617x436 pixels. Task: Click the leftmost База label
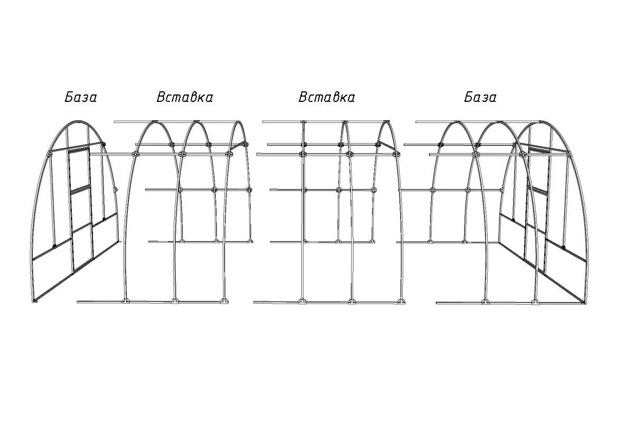[x=81, y=98]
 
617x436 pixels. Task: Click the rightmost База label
[x=480, y=98]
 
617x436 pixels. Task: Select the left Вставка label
[x=185, y=98]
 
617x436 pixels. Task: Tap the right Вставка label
[x=327, y=98]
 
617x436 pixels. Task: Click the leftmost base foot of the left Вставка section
[x=125, y=301]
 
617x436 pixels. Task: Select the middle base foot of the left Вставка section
[x=175, y=301]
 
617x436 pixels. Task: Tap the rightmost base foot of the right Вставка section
[x=402, y=301]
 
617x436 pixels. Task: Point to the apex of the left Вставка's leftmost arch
[x=155, y=122]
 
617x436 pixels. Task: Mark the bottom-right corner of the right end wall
[x=584, y=304]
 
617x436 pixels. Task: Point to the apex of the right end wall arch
[x=543, y=123]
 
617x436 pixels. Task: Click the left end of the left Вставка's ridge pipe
[x=116, y=122]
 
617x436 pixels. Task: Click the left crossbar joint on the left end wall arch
[x=49, y=154]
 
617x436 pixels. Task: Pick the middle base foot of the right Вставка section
[x=352, y=301]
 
